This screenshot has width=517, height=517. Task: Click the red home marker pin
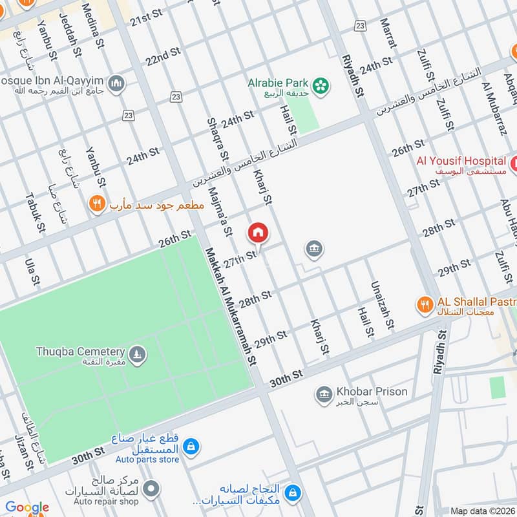[x=257, y=232]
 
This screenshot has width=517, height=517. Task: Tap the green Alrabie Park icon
[x=319, y=85]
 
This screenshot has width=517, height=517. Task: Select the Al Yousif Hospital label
[x=461, y=161]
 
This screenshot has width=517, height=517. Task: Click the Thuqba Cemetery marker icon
[x=137, y=354]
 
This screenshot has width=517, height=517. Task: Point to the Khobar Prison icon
[x=323, y=393]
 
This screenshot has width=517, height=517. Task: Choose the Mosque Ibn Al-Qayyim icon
[x=117, y=83]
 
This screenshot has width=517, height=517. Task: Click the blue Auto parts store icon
[x=191, y=446]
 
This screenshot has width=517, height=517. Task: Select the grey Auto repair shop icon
[x=151, y=488]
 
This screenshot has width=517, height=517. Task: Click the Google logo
[x=27, y=508]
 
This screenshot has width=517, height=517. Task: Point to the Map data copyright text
[x=483, y=511]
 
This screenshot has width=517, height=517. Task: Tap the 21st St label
[x=146, y=19]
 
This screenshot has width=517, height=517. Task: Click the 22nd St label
[x=163, y=58]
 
